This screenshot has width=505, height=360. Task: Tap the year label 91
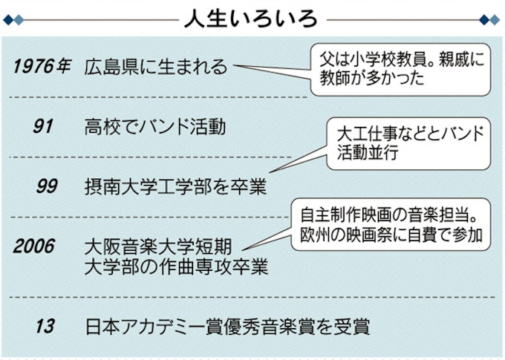43,126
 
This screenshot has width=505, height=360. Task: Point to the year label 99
46,186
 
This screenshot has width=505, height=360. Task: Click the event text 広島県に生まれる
157,67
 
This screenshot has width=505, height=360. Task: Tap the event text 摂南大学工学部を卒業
175,186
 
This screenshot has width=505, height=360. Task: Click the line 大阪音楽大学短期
165,246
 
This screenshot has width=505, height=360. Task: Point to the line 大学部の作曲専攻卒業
177,265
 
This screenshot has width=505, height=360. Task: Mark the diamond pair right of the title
489,19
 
